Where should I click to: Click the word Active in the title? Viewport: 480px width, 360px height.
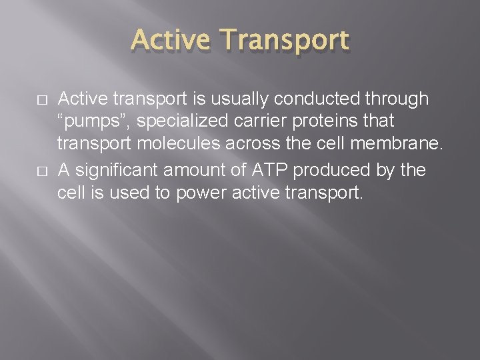[x=171, y=41]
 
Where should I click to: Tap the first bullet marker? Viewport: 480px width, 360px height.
[x=42, y=100]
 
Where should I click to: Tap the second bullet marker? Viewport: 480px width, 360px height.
[x=42, y=171]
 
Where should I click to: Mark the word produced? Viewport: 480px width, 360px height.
[x=331, y=170]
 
